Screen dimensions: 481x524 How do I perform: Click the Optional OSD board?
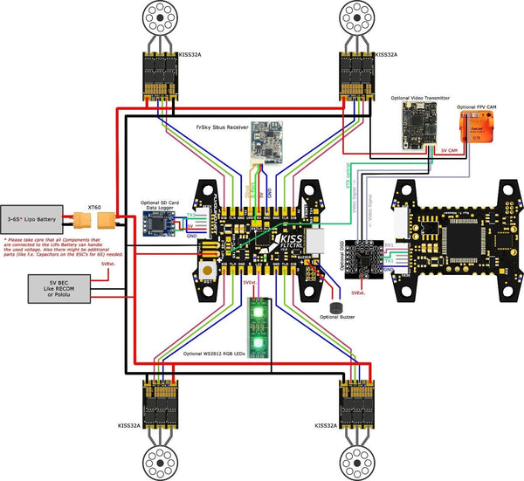[x=363, y=256]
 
